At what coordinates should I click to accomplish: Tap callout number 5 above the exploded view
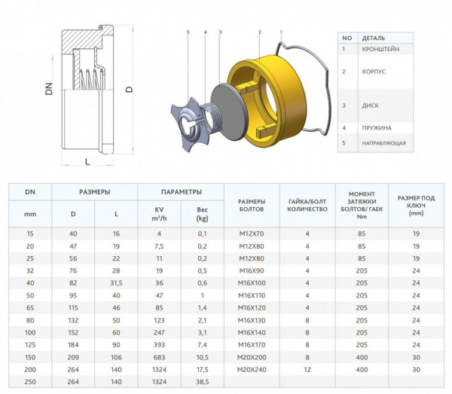click(188, 32)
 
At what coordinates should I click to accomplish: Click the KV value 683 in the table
click(159, 356)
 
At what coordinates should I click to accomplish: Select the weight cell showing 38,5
click(202, 382)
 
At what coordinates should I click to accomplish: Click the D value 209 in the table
click(73, 356)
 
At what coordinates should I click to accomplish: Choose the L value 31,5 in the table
click(116, 283)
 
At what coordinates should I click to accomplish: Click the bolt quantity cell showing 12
click(307, 369)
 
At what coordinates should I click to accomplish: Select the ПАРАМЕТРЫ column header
click(181, 191)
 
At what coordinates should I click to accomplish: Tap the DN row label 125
click(30, 343)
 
